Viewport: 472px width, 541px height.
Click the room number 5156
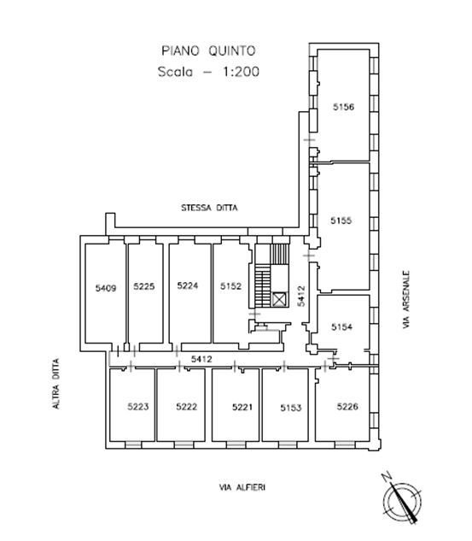coord(343,107)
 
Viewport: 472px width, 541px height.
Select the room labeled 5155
coord(341,221)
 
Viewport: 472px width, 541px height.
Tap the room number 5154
coord(341,326)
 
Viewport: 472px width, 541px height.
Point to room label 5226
coord(347,406)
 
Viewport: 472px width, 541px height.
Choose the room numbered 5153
coord(291,408)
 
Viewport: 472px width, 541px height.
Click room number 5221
coord(242,407)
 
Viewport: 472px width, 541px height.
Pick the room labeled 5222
coord(186,407)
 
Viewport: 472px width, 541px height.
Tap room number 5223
coord(137,407)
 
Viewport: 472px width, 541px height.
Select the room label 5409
coord(106,287)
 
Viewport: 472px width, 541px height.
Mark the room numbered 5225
coord(144,286)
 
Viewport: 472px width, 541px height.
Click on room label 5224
coord(188,285)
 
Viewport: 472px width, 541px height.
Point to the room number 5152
coord(230,285)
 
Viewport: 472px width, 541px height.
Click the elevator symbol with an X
coord(279,299)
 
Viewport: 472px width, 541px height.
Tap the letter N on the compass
coord(388,479)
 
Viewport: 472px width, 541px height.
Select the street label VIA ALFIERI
coord(242,487)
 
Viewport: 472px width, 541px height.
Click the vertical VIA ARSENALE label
coord(406,299)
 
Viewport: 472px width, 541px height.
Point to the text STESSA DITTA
coord(209,208)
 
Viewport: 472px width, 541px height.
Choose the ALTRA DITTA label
coord(55,384)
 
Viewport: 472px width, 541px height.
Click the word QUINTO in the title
coord(232,51)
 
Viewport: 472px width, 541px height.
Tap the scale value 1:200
coord(241,72)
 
